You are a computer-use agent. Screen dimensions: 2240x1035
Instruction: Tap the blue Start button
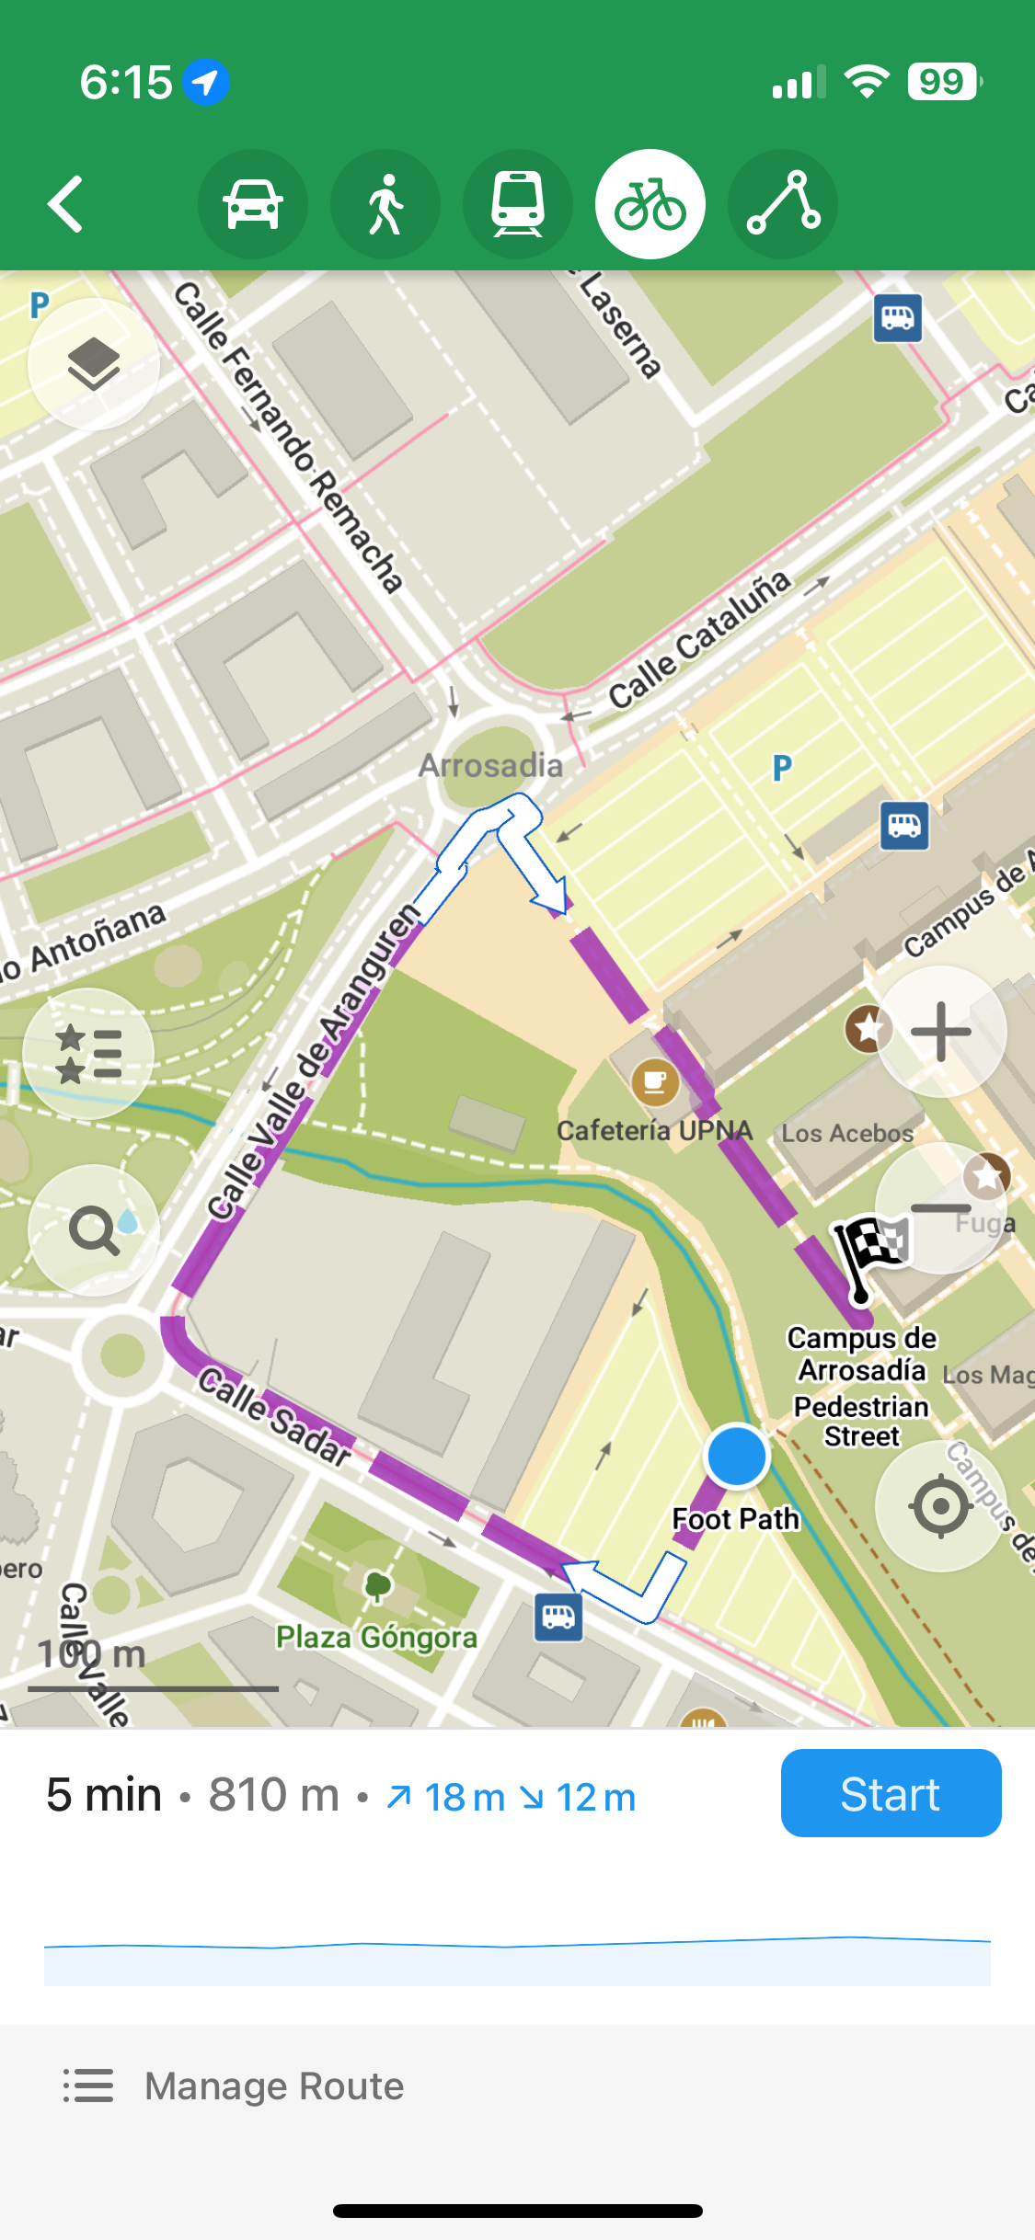[890, 1793]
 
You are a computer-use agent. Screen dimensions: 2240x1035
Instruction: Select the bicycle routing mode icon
[650, 204]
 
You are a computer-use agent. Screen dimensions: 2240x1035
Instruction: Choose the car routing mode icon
[253, 204]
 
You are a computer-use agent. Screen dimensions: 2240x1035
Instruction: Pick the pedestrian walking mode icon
[385, 204]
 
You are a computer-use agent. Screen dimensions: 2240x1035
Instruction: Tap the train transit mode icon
[518, 204]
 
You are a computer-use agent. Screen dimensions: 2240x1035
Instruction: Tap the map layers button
[93, 364]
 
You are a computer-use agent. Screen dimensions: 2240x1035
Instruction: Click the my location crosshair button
[940, 1506]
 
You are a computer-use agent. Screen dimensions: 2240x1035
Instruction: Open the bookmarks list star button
[88, 1053]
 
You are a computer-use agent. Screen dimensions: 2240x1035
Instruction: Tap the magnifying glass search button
[93, 1230]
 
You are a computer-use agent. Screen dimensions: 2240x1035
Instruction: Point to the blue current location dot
[736, 1456]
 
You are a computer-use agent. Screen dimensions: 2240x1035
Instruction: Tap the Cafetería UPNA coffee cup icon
[655, 1082]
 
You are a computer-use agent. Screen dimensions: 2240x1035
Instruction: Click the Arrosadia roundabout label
[490, 765]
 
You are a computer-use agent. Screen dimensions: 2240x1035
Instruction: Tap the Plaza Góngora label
[376, 1637]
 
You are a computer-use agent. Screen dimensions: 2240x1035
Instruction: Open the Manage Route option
[273, 2086]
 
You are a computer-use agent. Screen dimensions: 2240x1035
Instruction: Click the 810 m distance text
[273, 1795]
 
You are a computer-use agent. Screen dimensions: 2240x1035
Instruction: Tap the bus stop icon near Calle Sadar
[558, 1617]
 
